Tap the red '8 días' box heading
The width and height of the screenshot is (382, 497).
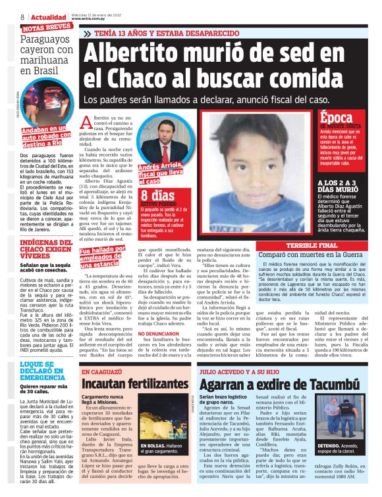point(157,195)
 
